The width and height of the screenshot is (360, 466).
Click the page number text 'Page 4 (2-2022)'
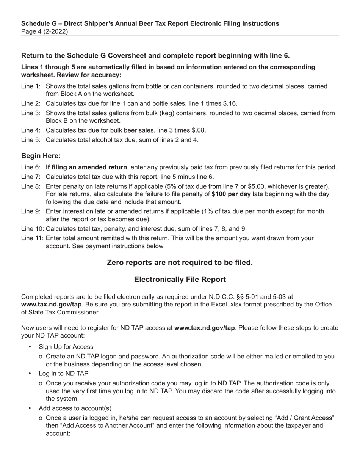point(45,31)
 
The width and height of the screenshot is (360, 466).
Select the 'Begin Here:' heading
point(41,156)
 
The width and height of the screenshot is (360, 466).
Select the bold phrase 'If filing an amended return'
point(86,167)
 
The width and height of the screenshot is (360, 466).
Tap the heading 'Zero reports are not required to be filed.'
point(180,263)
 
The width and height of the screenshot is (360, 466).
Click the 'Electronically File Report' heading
point(180,280)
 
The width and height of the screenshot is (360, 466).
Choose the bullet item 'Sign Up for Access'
point(66,347)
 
